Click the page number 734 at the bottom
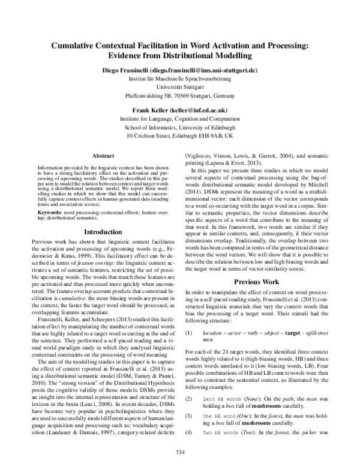click(179, 452)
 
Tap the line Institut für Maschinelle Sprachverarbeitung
click(179, 79)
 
